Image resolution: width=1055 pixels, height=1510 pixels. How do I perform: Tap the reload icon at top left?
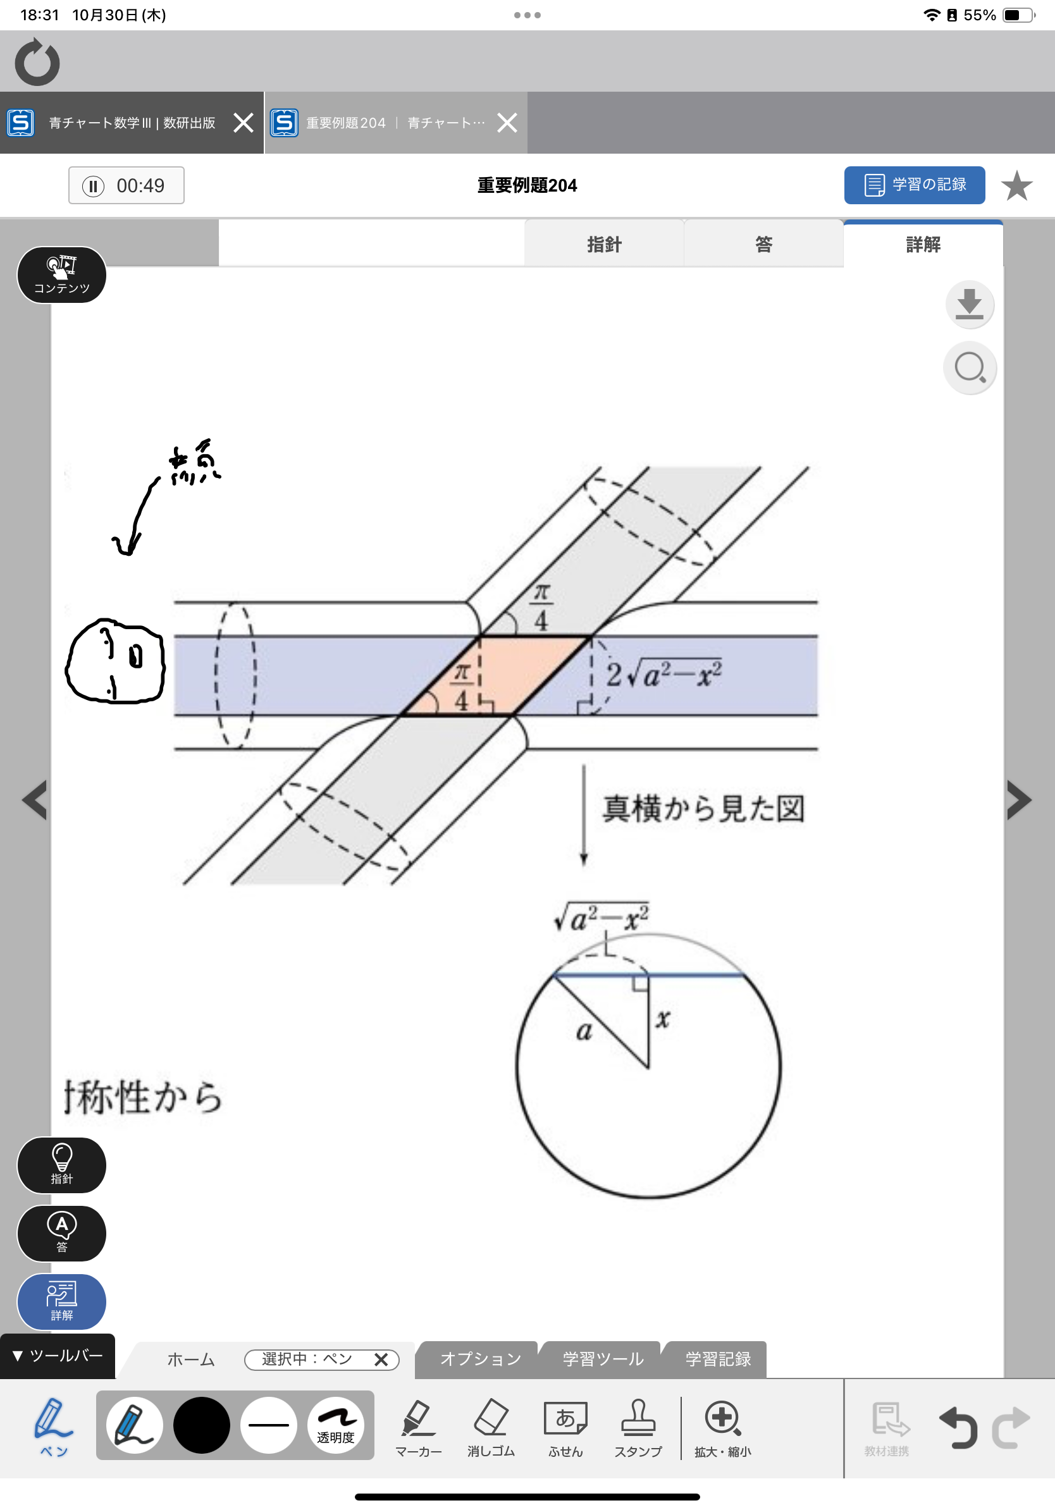point(37,63)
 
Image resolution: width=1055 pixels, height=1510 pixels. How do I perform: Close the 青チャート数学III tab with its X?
point(244,123)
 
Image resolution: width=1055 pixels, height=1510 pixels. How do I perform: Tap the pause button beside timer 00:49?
point(94,186)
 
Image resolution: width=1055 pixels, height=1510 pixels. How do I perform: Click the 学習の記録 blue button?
point(913,185)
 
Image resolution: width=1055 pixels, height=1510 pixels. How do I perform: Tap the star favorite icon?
point(1016,185)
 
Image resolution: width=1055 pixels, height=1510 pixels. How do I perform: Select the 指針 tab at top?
point(604,245)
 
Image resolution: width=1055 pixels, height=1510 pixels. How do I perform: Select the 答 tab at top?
point(763,245)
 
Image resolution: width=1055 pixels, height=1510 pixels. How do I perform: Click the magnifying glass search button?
point(970,367)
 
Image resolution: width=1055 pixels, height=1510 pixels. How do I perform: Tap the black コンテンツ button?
point(61,275)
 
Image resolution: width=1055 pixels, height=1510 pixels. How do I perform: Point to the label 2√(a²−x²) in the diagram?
point(664,675)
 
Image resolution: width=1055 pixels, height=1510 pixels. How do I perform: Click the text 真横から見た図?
point(704,809)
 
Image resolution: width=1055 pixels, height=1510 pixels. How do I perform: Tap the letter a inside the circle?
point(584,1031)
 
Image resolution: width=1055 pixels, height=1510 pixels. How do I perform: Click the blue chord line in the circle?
point(691,975)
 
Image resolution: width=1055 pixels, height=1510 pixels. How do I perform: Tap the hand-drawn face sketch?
point(115,661)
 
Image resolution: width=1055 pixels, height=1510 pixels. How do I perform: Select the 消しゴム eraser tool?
point(491,1427)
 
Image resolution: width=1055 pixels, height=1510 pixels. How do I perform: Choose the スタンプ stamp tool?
point(638,1427)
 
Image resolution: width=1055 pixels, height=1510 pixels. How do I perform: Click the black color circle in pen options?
point(201,1425)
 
